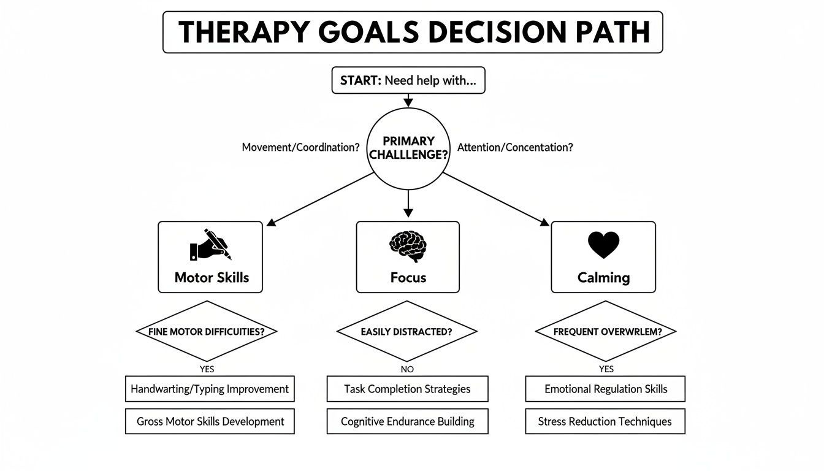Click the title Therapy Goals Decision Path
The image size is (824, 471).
point(412,32)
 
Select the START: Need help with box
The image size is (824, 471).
point(408,81)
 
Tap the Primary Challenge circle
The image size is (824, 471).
point(408,148)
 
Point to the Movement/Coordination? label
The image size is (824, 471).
point(300,147)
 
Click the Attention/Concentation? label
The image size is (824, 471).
point(515,147)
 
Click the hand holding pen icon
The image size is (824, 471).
point(210,245)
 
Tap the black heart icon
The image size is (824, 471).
point(603,245)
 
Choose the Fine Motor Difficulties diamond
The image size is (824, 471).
point(206,331)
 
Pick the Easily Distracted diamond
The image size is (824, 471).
point(407,331)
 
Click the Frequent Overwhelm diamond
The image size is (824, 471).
point(606,331)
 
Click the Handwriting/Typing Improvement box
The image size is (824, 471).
point(210,389)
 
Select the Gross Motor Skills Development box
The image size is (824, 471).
point(210,421)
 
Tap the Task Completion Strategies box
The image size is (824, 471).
point(407,389)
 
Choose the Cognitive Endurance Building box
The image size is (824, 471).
point(407,421)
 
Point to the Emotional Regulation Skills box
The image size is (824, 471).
point(605,389)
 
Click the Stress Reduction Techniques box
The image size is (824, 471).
point(605,421)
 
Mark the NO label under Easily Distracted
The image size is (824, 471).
point(407,369)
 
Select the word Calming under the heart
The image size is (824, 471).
point(603,277)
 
